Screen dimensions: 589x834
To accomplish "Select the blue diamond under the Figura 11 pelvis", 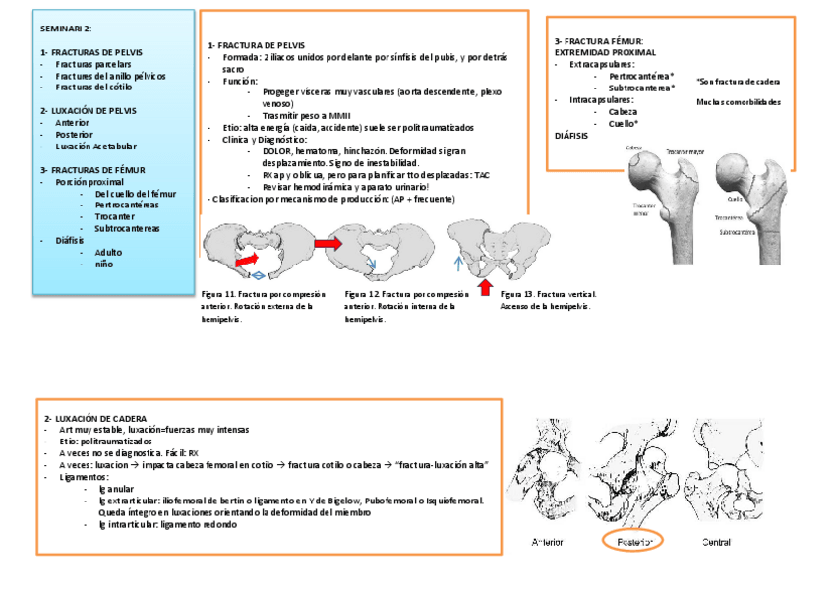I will click(257, 278).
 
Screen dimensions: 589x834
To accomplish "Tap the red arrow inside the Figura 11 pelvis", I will click(247, 259).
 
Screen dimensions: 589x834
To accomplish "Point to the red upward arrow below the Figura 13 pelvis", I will click(483, 286).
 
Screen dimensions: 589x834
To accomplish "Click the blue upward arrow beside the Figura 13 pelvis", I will click(458, 264).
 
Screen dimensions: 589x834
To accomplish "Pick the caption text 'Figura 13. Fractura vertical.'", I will click(548, 294).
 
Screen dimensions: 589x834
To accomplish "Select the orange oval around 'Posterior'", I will click(632, 541).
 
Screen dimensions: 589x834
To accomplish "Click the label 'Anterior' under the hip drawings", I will click(548, 542).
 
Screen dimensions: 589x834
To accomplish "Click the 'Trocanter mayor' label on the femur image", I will click(685, 152).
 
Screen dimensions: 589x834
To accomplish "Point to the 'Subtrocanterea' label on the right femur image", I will click(737, 233).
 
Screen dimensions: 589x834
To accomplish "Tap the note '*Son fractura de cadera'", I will click(738, 82).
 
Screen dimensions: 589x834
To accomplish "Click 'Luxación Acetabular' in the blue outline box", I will click(95, 147).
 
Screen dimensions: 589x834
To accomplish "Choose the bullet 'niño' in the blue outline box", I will click(103, 265).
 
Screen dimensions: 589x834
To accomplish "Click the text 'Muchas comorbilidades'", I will click(738, 101).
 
